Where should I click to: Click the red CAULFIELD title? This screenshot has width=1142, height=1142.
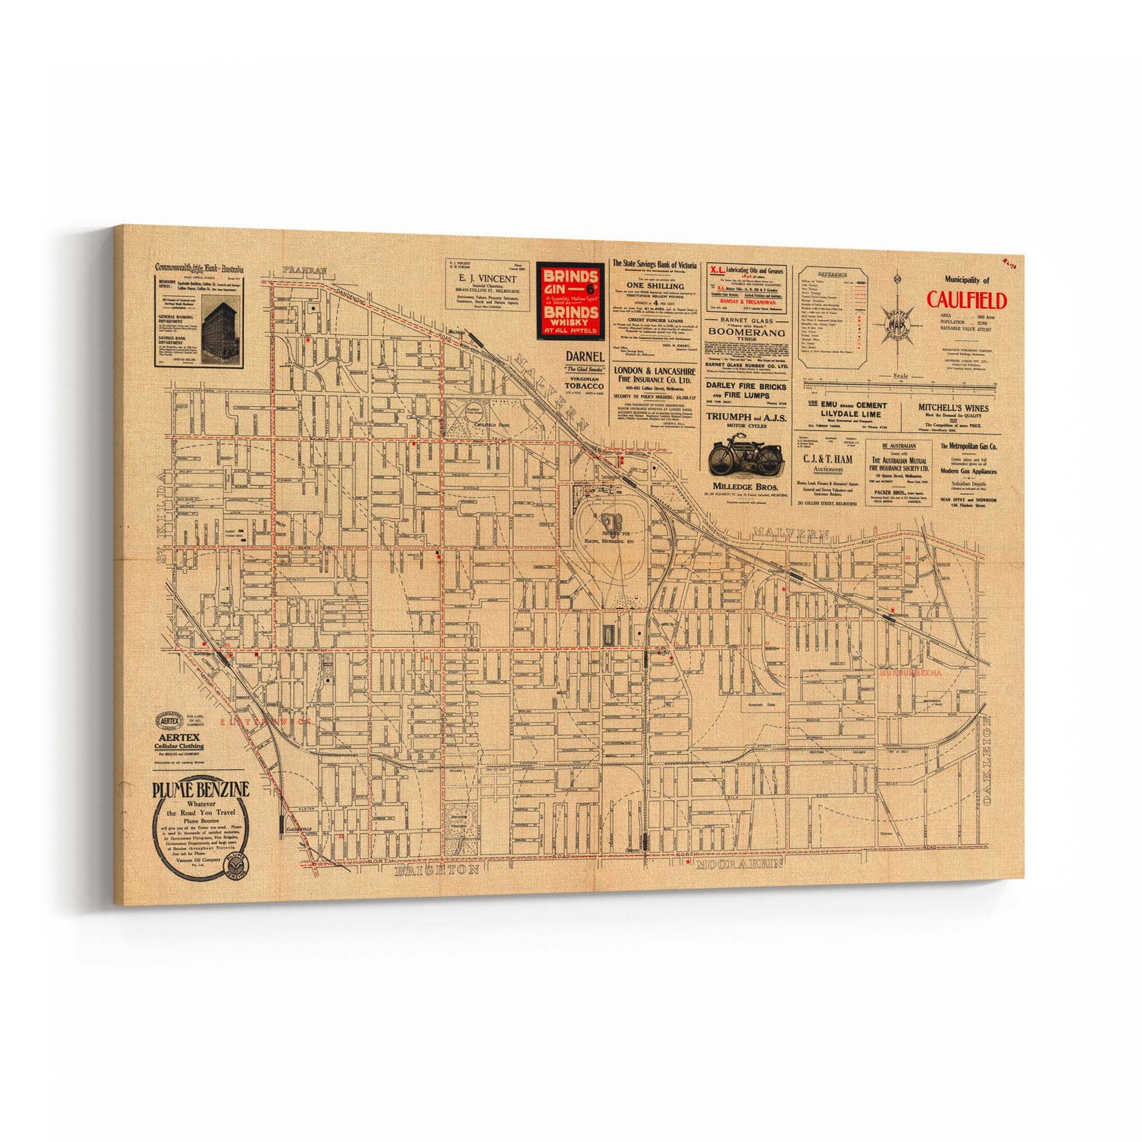click(x=966, y=300)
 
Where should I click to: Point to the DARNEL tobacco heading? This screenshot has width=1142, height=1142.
click(x=585, y=373)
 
